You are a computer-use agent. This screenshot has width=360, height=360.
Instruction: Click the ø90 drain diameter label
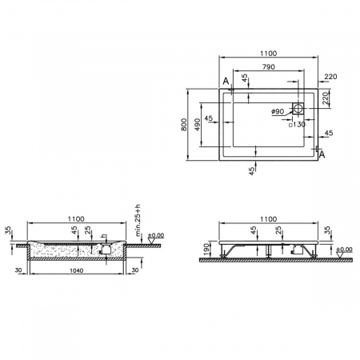tap(278, 112)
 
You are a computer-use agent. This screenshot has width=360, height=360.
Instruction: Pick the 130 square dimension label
tap(299, 124)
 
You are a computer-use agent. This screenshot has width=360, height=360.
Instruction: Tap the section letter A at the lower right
tap(322, 154)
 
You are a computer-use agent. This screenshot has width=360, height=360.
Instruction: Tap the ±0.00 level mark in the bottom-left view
tap(156, 235)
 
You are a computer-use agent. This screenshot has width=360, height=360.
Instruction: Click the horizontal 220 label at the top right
tap(331, 78)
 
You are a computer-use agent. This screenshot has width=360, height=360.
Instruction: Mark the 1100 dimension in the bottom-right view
tap(268, 218)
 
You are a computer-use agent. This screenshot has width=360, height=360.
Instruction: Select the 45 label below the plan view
tap(251, 170)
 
